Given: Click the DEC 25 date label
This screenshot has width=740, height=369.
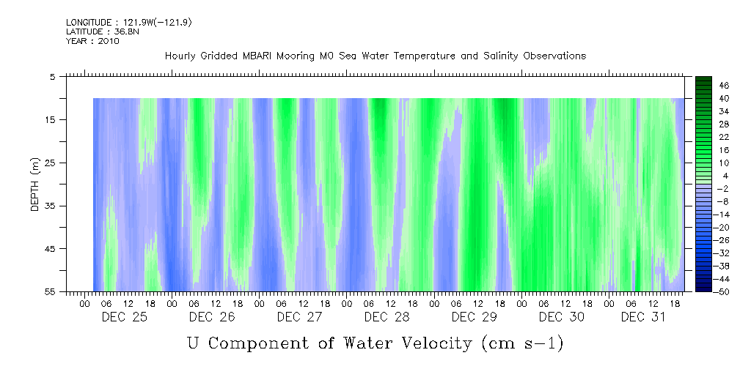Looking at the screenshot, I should [124, 317].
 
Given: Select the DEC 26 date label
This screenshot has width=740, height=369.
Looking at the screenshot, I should [211, 317].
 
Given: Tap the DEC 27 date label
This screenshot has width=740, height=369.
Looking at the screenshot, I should [299, 317].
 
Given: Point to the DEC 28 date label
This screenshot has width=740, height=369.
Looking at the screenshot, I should [387, 317].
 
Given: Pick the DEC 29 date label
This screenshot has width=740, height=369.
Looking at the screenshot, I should [475, 317].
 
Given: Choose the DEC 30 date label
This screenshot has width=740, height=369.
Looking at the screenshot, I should [562, 317].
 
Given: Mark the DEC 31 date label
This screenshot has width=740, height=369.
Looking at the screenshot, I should [643, 317].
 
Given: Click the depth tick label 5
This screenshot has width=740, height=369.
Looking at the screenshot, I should [54, 77].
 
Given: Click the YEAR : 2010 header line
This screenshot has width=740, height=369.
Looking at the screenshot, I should [92, 41].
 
